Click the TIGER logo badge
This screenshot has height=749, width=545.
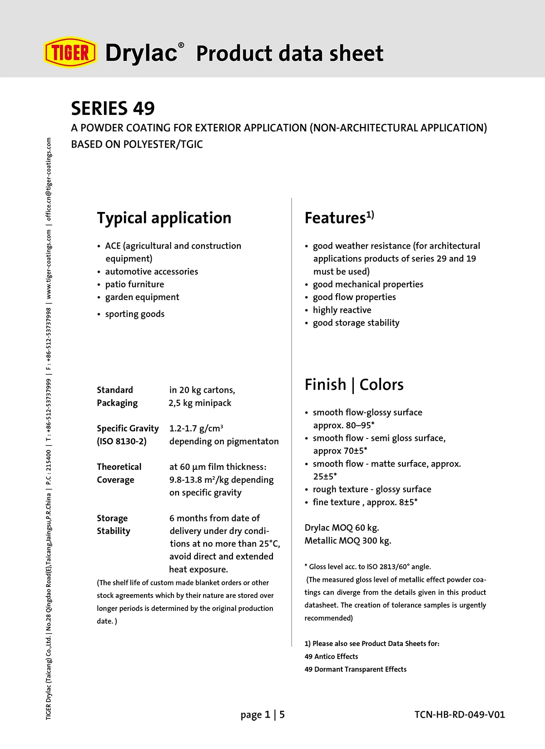click(x=70, y=52)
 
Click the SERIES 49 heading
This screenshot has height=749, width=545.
click(x=113, y=108)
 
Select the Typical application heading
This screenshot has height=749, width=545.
click(x=164, y=218)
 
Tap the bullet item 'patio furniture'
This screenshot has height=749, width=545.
click(x=134, y=284)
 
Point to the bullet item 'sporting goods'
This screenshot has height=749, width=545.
click(x=134, y=314)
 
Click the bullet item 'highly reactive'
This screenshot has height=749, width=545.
click(x=342, y=310)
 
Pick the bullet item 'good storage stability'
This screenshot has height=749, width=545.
click(x=356, y=323)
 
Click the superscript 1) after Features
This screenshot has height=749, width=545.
click(x=370, y=214)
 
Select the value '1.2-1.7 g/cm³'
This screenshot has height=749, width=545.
click(x=196, y=429)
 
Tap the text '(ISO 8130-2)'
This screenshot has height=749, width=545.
click(x=121, y=441)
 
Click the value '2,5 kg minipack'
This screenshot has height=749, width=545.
click(x=200, y=403)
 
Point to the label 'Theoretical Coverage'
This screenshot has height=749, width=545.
click(x=119, y=473)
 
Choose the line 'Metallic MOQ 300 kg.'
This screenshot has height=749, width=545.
click(x=347, y=541)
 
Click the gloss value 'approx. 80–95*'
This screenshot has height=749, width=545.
click(x=343, y=425)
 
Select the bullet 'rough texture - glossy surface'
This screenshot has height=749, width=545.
click(x=372, y=489)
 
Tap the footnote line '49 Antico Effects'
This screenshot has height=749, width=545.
click(x=331, y=656)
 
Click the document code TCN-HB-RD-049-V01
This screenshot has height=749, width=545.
click(x=459, y=715)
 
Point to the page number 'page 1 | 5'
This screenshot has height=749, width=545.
click(x=263, y=715)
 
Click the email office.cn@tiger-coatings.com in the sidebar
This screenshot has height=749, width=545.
click(x=49, y=179)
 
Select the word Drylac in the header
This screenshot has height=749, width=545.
click(x=141, y=53)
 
